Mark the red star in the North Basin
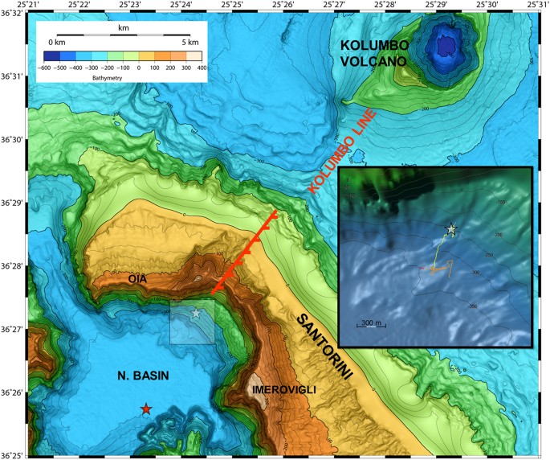tap(145, 409)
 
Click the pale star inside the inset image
tap(451, 229)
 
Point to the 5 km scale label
tap(189, 41)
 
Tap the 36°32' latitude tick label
tap(13, 14)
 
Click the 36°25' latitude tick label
tap(13, 455)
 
